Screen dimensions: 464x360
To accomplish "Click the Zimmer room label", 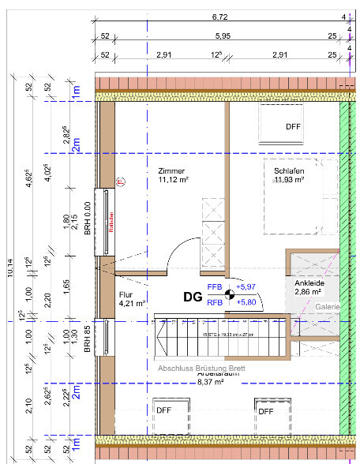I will pos(171,170).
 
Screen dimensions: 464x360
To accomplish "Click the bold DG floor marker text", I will pos(193,297).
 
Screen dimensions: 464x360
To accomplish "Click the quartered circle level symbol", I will pos(230,294).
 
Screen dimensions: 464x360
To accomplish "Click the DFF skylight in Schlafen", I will pos(293,126).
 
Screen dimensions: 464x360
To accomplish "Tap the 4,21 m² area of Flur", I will pos(131,302).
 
